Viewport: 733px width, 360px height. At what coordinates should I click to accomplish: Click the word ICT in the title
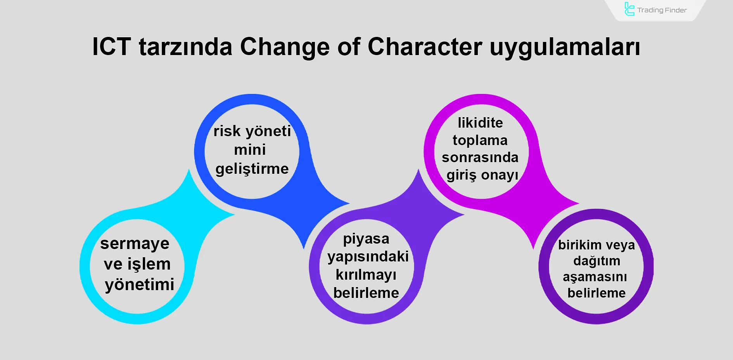click(112, 47)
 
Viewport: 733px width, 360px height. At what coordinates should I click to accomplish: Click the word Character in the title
click(425, 47)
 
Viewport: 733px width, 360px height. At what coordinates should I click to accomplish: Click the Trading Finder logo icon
click(629, 9)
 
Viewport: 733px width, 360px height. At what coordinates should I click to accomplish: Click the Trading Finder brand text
click(662, 10)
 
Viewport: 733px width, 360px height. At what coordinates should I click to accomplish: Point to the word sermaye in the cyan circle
click(135, 244)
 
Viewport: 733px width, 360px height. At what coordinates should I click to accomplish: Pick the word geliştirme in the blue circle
click(252, 169)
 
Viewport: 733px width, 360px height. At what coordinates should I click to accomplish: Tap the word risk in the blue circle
click(227, 131)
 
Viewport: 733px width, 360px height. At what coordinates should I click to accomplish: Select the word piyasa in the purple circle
click(366, 239)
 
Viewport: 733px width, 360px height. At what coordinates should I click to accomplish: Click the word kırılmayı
click(366, 275)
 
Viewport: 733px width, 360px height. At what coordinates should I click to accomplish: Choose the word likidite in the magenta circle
click(480, 123)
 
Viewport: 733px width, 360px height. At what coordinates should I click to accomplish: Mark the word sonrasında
click(480, 157)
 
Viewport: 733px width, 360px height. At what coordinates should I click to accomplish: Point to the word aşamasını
click(595, 277)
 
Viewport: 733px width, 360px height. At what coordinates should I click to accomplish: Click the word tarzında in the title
click(185, 47)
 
